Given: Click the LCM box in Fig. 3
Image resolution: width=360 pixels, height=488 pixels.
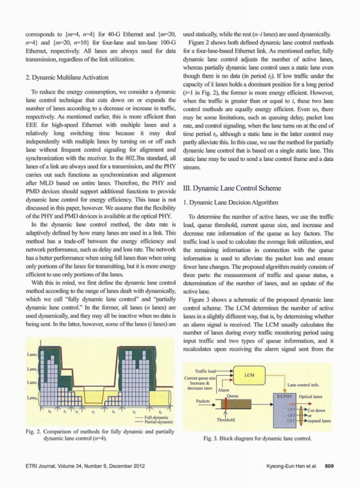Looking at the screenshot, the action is [x=249, y=375].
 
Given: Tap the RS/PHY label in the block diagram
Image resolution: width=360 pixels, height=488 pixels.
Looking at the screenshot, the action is [x=284, y=396].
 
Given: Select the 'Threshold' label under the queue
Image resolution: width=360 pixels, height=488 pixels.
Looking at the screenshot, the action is [x=226, y=420].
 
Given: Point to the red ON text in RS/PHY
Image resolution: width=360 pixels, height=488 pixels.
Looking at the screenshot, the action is [x=292, y=404].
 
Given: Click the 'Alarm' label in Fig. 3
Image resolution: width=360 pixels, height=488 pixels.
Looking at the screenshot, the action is [x=223, y=390].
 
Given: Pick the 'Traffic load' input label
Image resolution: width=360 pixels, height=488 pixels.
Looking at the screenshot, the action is [x=205, y=371].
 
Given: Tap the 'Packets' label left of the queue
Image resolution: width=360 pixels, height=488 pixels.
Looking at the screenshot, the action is [x=203, y=401].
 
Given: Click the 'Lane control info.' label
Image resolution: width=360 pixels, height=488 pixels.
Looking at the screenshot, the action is [x=303, y=385].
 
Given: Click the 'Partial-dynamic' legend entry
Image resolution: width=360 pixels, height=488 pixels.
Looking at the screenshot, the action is [x=158, y=422].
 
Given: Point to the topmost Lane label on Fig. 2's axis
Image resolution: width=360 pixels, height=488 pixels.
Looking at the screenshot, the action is [x=32, y=355].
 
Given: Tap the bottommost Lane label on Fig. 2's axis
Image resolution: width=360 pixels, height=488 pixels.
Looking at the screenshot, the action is [x=32, y=398].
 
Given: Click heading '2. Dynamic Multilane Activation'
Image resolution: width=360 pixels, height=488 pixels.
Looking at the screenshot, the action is [x=67, y=77].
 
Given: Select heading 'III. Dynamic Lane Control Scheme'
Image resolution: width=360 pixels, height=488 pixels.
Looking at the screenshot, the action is [x=232, y=188].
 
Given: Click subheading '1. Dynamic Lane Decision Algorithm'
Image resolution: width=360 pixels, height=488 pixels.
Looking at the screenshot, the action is [x=231, y=203].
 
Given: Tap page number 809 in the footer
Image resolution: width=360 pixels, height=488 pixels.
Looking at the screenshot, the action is [x=329, y=466].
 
